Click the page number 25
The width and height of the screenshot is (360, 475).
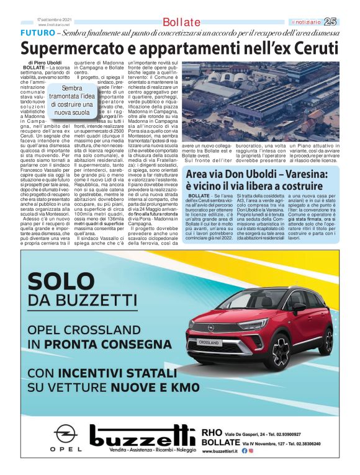pyautogui.click(x=348, y=22)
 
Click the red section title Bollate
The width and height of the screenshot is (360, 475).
pyautogui.click(x=182, y=22)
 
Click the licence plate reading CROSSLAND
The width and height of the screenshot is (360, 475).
pyautogui.click(x=209, y=342)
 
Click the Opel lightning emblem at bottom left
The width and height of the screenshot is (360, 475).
pyautogui.click(x=65, y=432)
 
